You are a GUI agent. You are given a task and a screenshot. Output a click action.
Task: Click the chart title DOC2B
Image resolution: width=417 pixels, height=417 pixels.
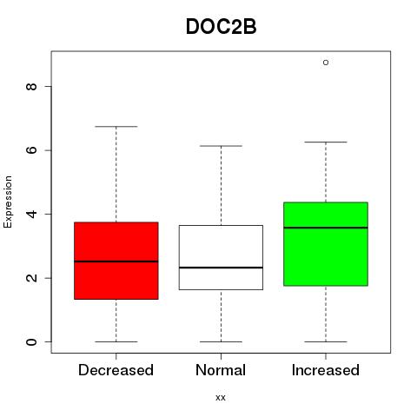pyautogui.click(x=221, y=27)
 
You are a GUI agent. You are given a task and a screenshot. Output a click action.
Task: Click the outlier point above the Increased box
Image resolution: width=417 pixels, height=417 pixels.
pyautogui.click(x=326, y=63)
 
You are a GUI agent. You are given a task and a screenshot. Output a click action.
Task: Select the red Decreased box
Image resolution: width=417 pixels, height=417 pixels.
pyautogui.click(x=116, y=261)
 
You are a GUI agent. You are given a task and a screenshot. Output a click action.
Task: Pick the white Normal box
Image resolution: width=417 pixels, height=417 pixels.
pyautogui.click(x=221, y=257)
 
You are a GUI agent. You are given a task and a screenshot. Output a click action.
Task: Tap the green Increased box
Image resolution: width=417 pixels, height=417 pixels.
pyautogui.click(x=326, y=244)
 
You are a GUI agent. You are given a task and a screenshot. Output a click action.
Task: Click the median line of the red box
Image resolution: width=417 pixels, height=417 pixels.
pyautogui.click(x=116, y=261)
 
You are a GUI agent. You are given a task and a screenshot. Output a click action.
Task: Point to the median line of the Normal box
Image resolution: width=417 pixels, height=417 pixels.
pyautogui.click(x=221, y=268)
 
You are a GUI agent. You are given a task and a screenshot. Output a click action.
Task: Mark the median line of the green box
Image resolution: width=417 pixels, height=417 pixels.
pyautogui.click(x=326, y=228)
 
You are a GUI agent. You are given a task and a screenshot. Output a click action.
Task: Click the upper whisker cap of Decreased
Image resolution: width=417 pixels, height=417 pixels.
pyautogui.click(x=116, y=127)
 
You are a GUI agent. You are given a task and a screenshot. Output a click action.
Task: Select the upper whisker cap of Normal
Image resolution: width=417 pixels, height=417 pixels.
pyautogui.click(x=221, y=146)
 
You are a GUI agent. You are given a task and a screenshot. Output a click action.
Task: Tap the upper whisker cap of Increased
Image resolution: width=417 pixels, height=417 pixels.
pyautogui.click(x=326, y=142)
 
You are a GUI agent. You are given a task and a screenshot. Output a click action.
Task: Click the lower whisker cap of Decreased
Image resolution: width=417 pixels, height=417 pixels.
pyautogui.click(x=116, y=341)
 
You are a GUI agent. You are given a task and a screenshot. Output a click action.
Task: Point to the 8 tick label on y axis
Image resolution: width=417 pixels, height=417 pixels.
pyautogui.click(x=31, y=86)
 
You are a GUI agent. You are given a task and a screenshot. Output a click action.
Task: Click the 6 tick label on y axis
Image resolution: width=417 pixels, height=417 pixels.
pyautogui.click(x=31, y=150)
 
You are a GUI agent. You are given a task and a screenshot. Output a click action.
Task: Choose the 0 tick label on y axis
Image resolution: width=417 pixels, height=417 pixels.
pyautogui.click(x=31, y=341)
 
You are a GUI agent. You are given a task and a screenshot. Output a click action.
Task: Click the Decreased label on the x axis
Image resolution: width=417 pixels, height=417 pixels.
pyautogui.click(x=116, y=370)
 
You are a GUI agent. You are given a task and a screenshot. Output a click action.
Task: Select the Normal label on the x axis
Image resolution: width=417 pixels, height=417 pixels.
pyautogui.click(x=221, y=370)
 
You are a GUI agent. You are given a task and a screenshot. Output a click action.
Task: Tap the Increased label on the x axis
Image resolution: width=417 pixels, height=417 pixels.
pyautogui.click(x=326, y=370)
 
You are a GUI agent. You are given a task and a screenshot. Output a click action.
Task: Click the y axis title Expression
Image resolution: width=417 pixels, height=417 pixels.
pyautogui.click(x=8, y=202)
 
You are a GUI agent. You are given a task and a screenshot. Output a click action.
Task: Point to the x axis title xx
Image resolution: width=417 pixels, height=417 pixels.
pyautogui.click(x=221, y=398)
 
